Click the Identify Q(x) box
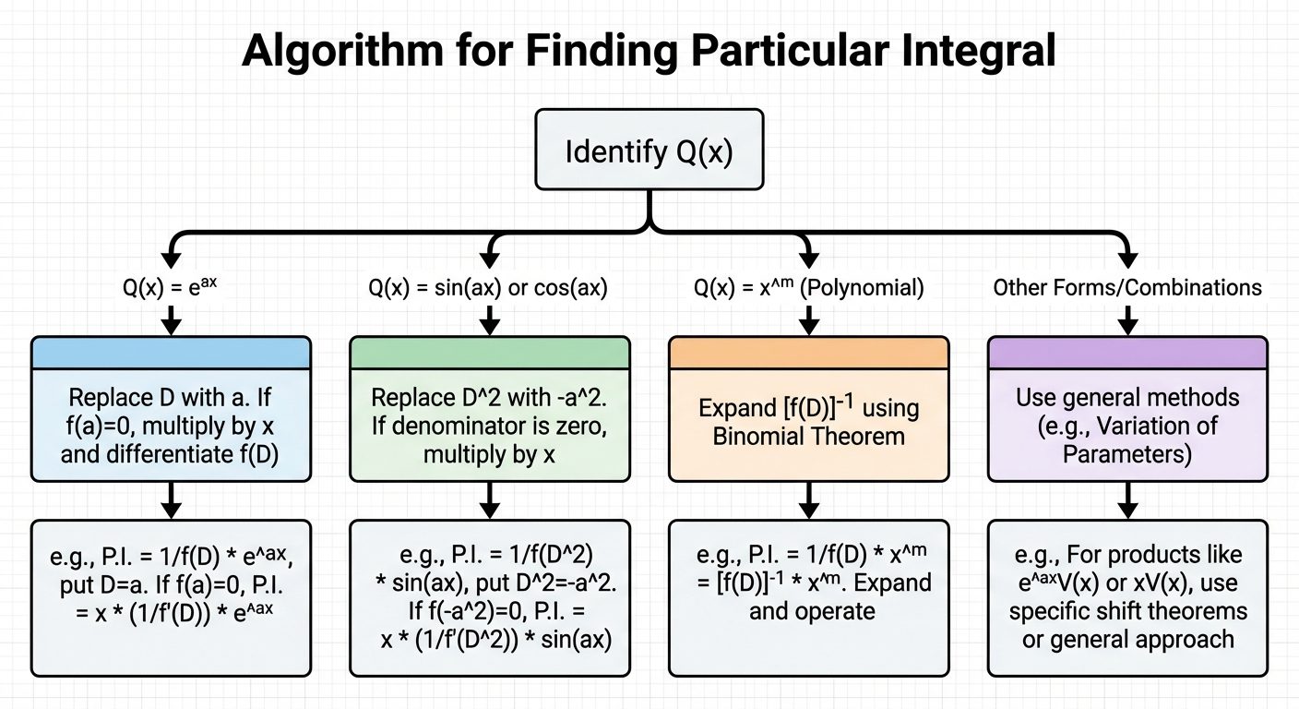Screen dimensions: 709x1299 coord(649,150)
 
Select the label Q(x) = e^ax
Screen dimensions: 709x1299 coord(171,288)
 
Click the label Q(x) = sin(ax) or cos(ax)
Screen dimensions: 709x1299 coord(489,288)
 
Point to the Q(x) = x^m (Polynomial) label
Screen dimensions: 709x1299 coord(808,288)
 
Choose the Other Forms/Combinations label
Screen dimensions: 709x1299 coord(1127,288)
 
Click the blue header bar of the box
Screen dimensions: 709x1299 coord(171,353)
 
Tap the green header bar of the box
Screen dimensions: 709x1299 coord(489,353)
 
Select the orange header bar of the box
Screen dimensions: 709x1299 coord(808,353)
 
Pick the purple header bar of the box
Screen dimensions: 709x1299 coord(1127,353)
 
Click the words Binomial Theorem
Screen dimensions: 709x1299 coord(809,434)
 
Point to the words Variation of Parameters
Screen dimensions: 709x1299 coord(1127,439)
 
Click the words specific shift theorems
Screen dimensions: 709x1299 coord(1127,611)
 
